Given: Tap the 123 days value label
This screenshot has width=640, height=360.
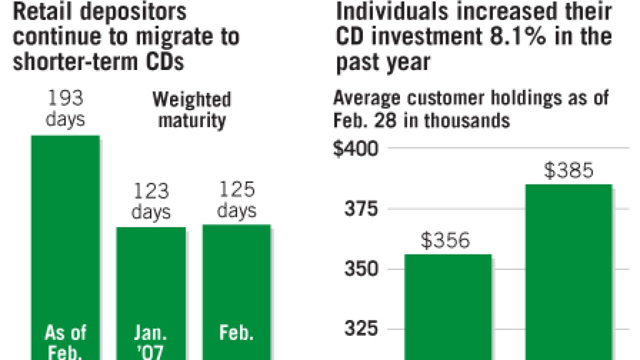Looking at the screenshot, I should pos(151,201).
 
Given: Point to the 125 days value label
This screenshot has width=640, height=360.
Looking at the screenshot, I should pos(236,199).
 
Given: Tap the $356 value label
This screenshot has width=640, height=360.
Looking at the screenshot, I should pos(446,241).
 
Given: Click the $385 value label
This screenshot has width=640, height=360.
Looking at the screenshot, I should pos(568,171).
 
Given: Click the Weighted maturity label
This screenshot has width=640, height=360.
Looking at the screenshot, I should pos(192,109).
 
